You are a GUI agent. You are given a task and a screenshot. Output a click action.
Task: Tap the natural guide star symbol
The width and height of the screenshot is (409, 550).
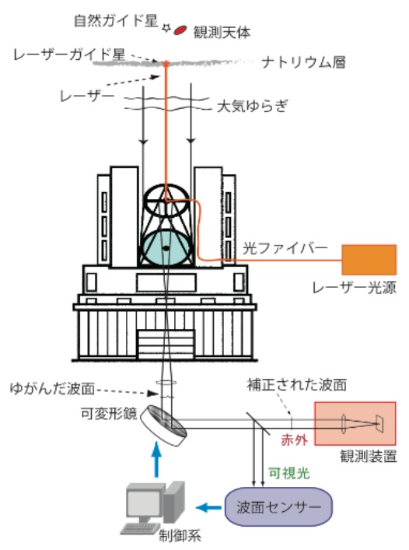click(x=166, y=28)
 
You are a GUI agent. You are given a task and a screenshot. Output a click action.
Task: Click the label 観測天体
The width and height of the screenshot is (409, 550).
click(x=222, y=32)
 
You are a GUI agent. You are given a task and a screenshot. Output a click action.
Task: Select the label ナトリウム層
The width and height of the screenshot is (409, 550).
click(x=303, y=62)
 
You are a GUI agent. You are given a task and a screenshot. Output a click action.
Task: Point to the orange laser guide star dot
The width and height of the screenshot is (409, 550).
click(x=166, y=64)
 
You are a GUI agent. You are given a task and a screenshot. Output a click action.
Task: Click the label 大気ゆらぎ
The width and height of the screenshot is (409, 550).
click(x=253, y=106)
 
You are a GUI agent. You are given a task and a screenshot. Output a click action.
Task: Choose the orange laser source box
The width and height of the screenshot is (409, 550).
click(x=369, y=260)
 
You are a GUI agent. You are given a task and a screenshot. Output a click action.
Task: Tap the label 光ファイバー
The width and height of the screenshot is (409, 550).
click(x=285, y=248)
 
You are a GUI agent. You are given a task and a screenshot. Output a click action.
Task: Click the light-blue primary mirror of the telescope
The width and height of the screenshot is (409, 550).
click(x=166, y=247)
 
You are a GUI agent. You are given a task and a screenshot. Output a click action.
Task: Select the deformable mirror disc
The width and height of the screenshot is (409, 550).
click(x=163, y=426)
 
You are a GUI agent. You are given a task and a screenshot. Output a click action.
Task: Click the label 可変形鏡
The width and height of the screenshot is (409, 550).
click(x=109, y=413)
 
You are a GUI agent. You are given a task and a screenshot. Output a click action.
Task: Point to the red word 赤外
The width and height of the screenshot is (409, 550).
click(x=294, y=440)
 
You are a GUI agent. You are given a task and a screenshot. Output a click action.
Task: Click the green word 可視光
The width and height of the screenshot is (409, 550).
click(x=289, y=473)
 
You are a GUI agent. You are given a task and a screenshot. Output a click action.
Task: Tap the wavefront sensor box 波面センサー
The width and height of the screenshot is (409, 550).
click(x=278, y=506)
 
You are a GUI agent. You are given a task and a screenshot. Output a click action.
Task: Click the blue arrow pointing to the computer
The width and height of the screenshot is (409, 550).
click(x=208, y=507)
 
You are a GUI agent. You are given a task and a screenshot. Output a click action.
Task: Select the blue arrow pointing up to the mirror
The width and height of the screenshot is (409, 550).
click(x=156, y=460)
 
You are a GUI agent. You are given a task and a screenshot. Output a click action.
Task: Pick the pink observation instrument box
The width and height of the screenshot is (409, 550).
click(x=355, y=423)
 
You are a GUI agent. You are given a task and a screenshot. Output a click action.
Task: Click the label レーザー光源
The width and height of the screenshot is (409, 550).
click(x=355, y=288)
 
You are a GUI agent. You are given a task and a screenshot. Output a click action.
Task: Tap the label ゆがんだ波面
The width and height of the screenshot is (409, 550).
click(x=53, y=389)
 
